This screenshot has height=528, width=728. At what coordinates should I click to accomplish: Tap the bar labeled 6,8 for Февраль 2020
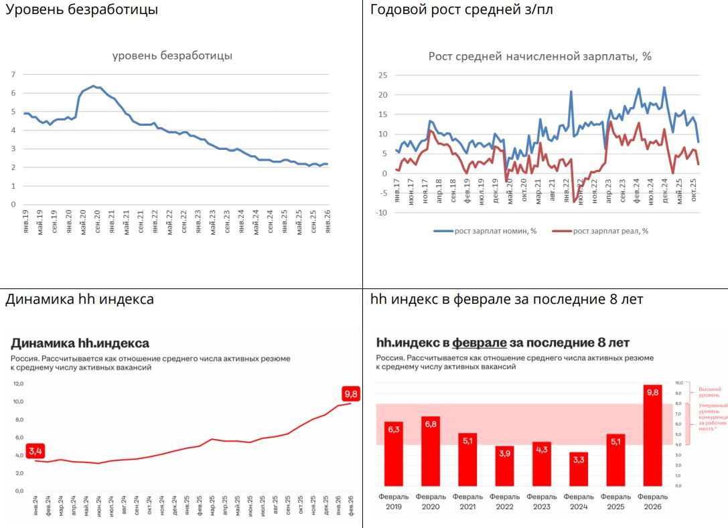tap(431, 452)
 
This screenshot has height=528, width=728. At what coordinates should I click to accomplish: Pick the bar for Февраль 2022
tap(504, 466)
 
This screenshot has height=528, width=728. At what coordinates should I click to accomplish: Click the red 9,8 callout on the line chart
tap(351, 393)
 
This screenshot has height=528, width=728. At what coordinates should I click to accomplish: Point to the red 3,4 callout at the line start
tap(35, 451)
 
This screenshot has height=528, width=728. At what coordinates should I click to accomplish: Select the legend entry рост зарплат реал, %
tap(601, 231)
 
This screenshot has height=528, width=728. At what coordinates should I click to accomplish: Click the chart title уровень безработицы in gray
tap(172, 56)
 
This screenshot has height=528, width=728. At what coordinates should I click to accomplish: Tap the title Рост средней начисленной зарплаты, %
tap(540, 56)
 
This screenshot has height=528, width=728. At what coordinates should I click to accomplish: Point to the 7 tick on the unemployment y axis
tap(13, 74)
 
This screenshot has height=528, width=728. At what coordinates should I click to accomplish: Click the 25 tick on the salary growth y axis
tap(383, 75)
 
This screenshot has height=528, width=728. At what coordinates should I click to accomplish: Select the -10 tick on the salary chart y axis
tap(381, 213)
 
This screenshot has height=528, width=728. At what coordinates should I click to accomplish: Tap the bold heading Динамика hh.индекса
tap(80, 343)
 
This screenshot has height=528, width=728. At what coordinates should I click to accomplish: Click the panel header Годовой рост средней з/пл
tap(461, 9)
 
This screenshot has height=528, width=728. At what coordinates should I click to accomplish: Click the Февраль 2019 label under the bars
tap(394, 501)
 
